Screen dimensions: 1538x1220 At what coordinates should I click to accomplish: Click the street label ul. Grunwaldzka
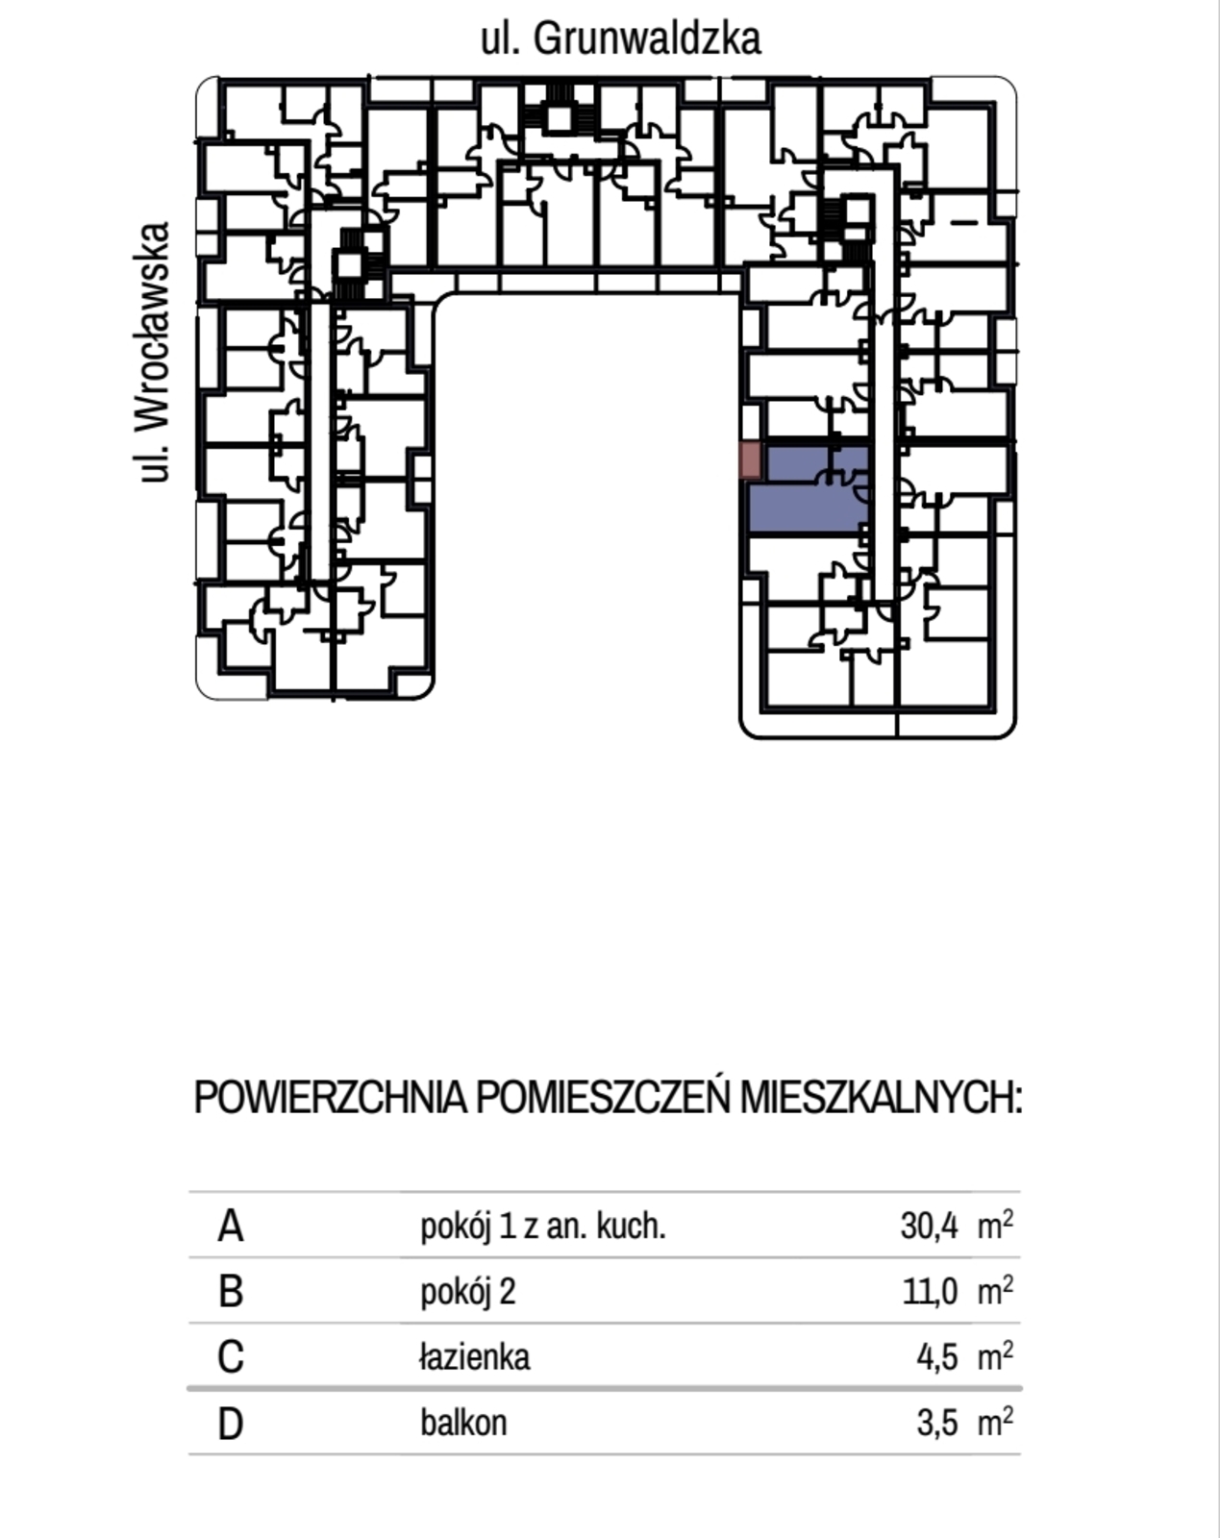(620, 39)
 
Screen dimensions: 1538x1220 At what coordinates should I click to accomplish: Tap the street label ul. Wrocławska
(154, 352)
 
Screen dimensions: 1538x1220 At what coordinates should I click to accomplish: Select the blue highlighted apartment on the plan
(808, 489)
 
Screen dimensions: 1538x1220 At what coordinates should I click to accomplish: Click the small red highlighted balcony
(751, 460)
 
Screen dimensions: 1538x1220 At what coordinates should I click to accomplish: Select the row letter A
(231, 1227)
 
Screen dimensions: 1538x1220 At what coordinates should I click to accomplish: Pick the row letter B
(231, 1292)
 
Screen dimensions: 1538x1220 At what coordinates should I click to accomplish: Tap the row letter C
(231, 1357)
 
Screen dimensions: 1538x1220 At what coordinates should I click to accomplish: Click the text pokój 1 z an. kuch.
(542, 1227)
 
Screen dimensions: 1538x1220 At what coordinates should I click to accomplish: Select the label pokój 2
(467, 1292)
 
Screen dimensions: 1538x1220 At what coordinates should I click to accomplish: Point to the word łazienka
(474, 1357)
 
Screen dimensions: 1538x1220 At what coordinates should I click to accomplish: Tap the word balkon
(463, 1423)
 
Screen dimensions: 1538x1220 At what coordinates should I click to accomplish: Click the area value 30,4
(929, 1227)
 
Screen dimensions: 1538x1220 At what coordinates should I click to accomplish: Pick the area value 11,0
(930, 1292)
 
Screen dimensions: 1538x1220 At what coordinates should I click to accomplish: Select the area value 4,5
(937, 1357)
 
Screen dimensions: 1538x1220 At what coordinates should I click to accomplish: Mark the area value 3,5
(937, 1423)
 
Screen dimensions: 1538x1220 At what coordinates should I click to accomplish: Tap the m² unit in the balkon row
(995, 1422)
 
